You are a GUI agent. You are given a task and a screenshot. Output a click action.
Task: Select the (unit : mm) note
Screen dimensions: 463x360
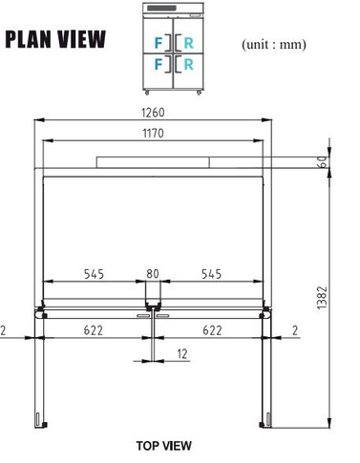tap(274, 44)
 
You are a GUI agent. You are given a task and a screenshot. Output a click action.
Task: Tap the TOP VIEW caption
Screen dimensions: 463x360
tap(163, 445)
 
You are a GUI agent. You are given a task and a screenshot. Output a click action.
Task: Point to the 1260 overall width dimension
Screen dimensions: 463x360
tap(153, 112)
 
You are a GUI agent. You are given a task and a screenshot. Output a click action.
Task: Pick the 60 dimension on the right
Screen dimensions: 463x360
tap(324, 162)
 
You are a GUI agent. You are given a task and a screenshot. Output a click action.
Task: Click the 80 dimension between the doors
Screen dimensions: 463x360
tap(153, 274)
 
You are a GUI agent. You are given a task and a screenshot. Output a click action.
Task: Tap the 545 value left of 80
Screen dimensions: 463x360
tap(94, 274)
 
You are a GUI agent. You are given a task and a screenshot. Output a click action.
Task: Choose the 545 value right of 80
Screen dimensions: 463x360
tap(211, 274)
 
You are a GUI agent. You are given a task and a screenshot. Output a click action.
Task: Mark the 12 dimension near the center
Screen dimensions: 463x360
tap(181, 354)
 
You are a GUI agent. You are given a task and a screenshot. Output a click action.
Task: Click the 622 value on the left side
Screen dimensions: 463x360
tap(94, 329)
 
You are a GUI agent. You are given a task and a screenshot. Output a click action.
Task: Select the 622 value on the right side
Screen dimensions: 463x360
tap(212, 329)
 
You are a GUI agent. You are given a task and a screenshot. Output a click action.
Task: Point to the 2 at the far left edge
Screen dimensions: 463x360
tap(4, 329)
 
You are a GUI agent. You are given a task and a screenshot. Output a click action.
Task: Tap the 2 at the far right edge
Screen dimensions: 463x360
tap(296, 329)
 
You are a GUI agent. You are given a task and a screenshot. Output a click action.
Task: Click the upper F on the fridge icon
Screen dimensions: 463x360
tap(159, 42)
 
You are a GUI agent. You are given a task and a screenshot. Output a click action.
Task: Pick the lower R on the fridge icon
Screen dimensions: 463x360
tap(188, 65)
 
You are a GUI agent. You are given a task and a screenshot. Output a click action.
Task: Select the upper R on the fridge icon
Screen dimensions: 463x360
tap(188, 42)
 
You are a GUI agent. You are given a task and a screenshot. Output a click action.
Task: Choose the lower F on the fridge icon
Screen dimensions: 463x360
tap(159, 65)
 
